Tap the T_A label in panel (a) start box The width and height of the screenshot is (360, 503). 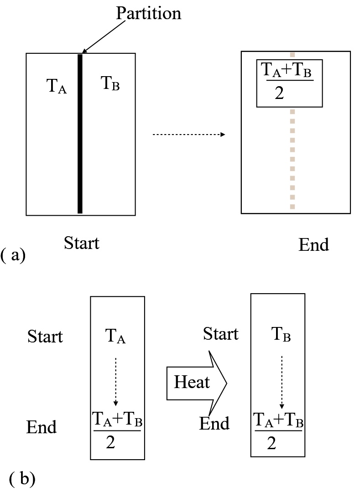pos(57,86)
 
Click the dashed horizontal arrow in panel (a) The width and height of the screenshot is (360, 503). pos(188,135)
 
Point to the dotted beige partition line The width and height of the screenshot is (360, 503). pos(292,160)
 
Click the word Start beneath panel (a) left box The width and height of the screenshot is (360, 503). pos(82,243)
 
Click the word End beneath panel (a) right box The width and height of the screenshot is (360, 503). pos(313,245)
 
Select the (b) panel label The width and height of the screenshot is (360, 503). pos(22,479)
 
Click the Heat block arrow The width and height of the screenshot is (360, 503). pos(196,382)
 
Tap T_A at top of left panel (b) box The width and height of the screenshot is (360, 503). pos(116,337)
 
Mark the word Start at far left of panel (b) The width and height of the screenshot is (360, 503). pos(45,337)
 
